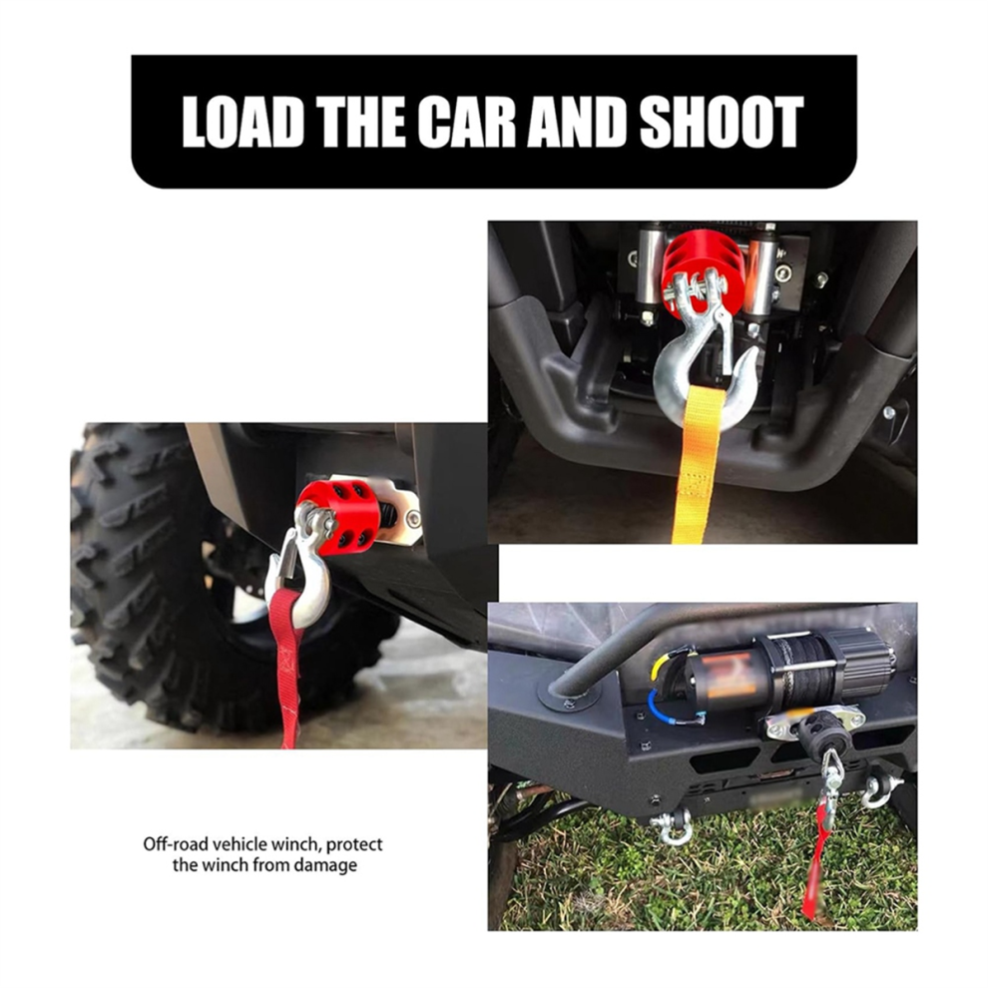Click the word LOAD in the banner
tap(243, 122)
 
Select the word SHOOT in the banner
tap(722, 122)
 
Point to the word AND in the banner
tap(579, 122)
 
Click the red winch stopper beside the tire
tap(339, 517)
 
